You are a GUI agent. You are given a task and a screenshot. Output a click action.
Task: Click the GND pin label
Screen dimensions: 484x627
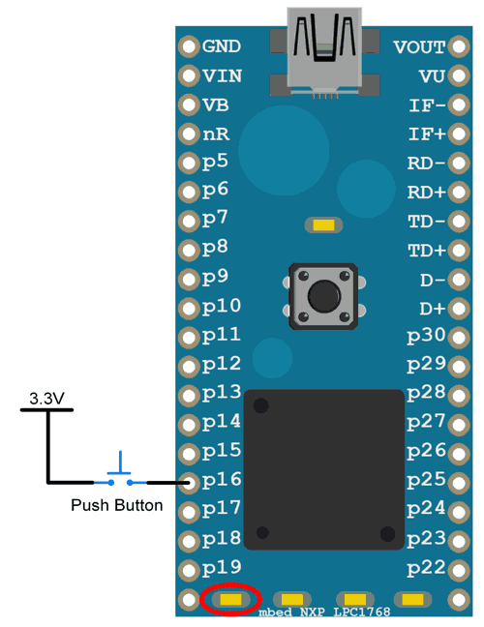222,46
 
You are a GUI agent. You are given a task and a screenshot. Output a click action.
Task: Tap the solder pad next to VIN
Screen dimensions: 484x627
189,75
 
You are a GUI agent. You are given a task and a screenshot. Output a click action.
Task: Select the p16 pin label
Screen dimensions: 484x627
222,480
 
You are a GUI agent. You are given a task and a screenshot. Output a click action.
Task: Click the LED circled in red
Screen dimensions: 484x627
231,599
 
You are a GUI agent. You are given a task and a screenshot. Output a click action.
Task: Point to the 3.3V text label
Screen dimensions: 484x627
46,399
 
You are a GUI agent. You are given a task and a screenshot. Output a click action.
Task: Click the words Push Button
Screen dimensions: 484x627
117,505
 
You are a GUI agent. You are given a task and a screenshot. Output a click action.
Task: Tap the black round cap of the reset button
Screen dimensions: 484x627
324,296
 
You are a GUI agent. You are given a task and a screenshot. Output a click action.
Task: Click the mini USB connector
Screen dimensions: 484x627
324,52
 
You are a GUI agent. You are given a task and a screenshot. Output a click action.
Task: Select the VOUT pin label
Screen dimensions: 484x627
419,47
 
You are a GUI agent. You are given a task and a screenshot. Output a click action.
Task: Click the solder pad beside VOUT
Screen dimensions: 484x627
459,46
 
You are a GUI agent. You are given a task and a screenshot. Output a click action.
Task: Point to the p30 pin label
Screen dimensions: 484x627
426,335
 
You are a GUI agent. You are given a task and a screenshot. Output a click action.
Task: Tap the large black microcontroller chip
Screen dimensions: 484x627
324,469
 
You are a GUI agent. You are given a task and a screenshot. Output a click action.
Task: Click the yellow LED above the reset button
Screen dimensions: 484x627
323,225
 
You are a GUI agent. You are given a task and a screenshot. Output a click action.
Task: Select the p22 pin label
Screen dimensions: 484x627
426,568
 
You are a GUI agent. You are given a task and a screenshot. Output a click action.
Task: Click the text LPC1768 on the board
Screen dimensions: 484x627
362,612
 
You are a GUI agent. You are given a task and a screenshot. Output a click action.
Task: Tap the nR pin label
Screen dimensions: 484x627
216,134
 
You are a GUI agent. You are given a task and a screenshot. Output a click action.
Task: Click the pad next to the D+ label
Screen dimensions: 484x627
459,309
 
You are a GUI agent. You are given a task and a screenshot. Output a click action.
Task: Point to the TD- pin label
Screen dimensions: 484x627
426,222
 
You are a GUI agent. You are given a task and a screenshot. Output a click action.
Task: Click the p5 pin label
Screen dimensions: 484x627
215,162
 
